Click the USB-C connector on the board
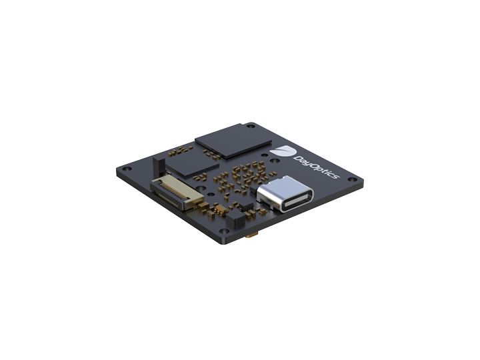(285, 194)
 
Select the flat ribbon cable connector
(177, 193)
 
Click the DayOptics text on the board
(316, 167)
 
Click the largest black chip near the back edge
(233, 141)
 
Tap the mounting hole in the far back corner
(251, 126)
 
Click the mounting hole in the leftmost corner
(127, 169)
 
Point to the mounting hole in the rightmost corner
(353, 180)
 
